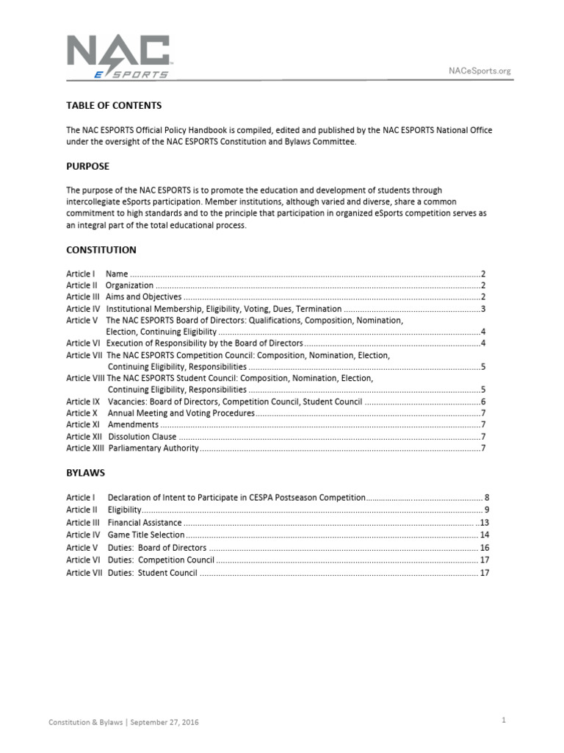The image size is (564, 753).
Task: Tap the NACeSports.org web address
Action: click(479, 71)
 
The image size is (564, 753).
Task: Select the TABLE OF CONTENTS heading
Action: click(114, 106)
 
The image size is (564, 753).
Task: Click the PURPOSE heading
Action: click(87, 166)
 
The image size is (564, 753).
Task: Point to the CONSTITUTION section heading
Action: click(101, 250)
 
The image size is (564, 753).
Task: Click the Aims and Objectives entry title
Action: click(144, 296)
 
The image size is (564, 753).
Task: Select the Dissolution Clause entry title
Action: click(142, 436)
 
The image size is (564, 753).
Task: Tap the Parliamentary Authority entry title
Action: click(153, 448)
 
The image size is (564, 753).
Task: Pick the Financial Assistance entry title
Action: click(145, 522)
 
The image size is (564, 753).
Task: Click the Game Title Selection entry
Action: click(146, 535)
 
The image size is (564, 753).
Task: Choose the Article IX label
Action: click(83, 402)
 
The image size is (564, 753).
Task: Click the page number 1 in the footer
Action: click(504, 721)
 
